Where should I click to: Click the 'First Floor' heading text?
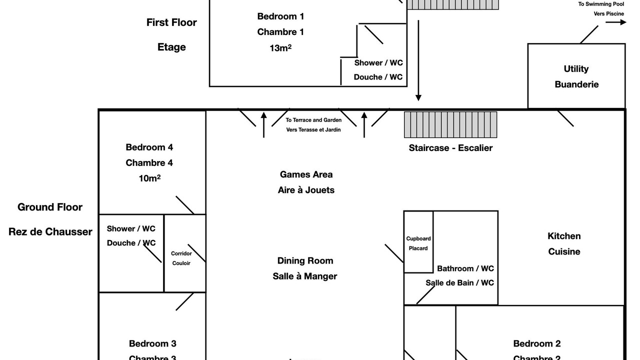(171, 22)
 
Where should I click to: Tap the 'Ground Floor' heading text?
(50, 207)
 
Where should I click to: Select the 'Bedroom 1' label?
(280, 16)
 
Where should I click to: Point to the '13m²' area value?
(280, 48)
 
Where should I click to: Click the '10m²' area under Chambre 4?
(149, 178)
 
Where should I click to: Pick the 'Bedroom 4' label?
(149, 147)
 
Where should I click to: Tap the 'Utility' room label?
(576, 69)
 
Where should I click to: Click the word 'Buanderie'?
(576, 84)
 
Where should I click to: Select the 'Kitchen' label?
(564, 236)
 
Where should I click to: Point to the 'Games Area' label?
(306, 174)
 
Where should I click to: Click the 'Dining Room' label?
(305, 260)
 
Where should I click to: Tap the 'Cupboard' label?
(418, 238)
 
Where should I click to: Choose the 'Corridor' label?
(181, 253)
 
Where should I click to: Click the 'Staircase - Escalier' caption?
(450, 148)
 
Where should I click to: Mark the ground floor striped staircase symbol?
(450, 124)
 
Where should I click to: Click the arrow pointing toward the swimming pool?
(616, 22)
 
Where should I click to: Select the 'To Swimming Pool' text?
(601, 4)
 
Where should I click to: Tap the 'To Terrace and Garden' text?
(313, 120)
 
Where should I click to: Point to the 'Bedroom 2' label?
(537, 343)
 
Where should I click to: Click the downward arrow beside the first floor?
(418, 60)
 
